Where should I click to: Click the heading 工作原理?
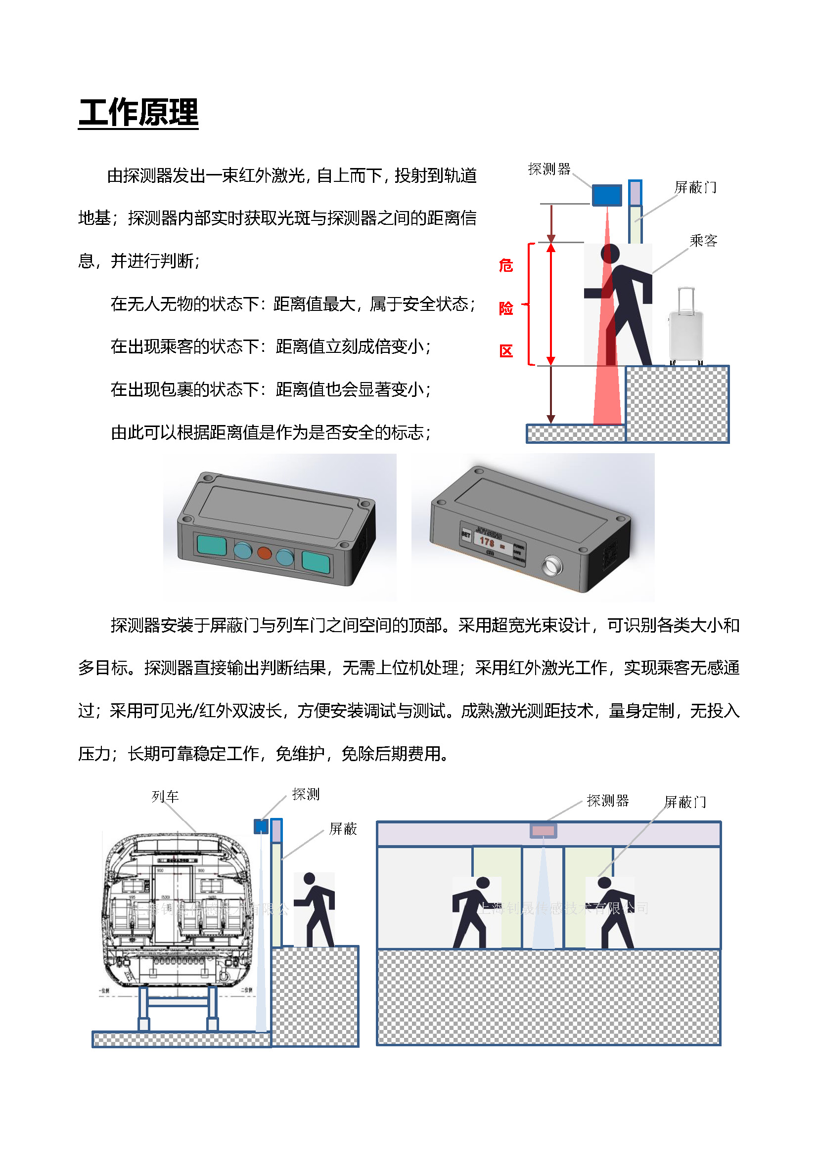pyautogui.click(x=138, y=113)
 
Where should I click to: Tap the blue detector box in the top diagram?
pyautogui.click(x=606, y=195)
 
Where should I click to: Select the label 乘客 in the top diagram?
pyautogui.click(x=703, y=241)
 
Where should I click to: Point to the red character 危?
pyautogui.click(x=506, y=265)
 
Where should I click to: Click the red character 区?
pyautogui.click(x=506, y=351)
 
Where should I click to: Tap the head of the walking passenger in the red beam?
pyautogui.click(x=610, y=253)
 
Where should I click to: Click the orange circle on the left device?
pyautogui.click(x=265, y=553)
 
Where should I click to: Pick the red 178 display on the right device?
pyautogui.click(x=487, y=542)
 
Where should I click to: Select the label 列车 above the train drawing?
pyautogui.click(x=165, y=796)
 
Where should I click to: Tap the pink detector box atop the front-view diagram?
pyautogui.click(x=543, y=830)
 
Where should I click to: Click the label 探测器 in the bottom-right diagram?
pyautogui.click(x=607, y=801)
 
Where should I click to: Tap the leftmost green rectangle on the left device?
pyautogui.click(x=212, y=545)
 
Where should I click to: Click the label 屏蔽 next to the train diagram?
pyautogui.click(x=343, y=829)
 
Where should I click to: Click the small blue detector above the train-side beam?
pyautogui.click(x=261, y=826)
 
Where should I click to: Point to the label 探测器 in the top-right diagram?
pyautogui.click(x=549, y=169)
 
